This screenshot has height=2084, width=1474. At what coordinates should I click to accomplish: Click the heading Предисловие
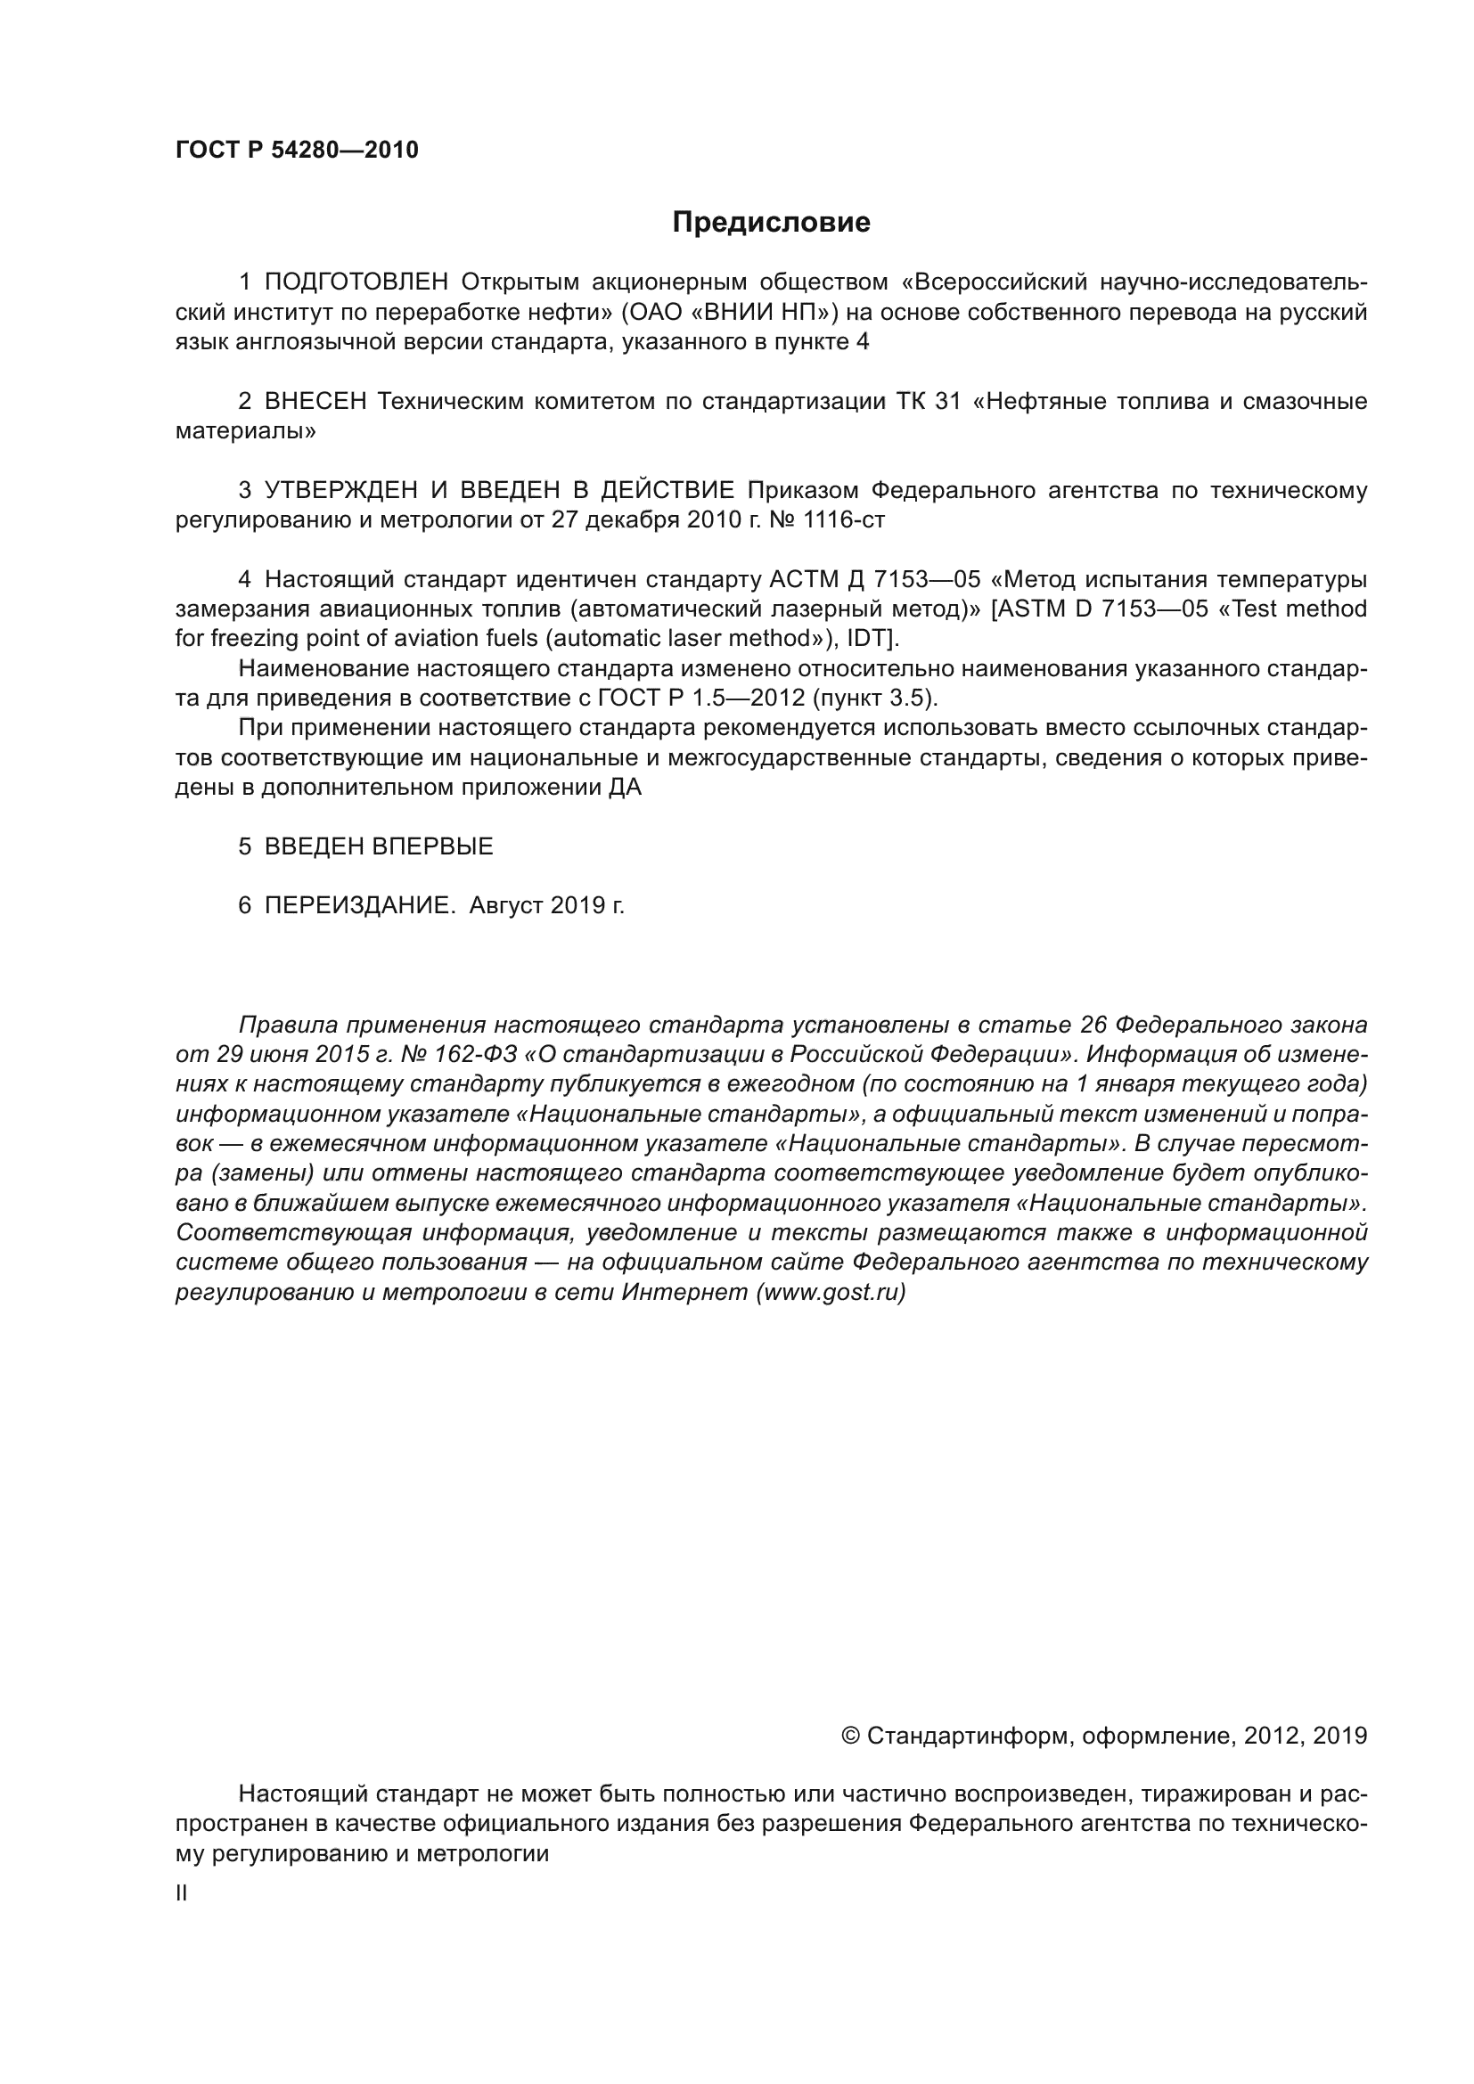coord(771,223)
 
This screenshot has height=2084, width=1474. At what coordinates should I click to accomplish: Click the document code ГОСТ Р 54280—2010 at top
coord(297,150)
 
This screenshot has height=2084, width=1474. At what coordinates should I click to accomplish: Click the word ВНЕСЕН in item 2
coord(315,401)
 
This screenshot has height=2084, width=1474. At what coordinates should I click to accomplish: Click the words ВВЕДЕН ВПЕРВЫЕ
coord(379,846)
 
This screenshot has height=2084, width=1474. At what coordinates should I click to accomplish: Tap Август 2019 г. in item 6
coord(546,906)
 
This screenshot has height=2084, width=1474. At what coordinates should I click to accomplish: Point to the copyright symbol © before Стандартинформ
coord(850,1736)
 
